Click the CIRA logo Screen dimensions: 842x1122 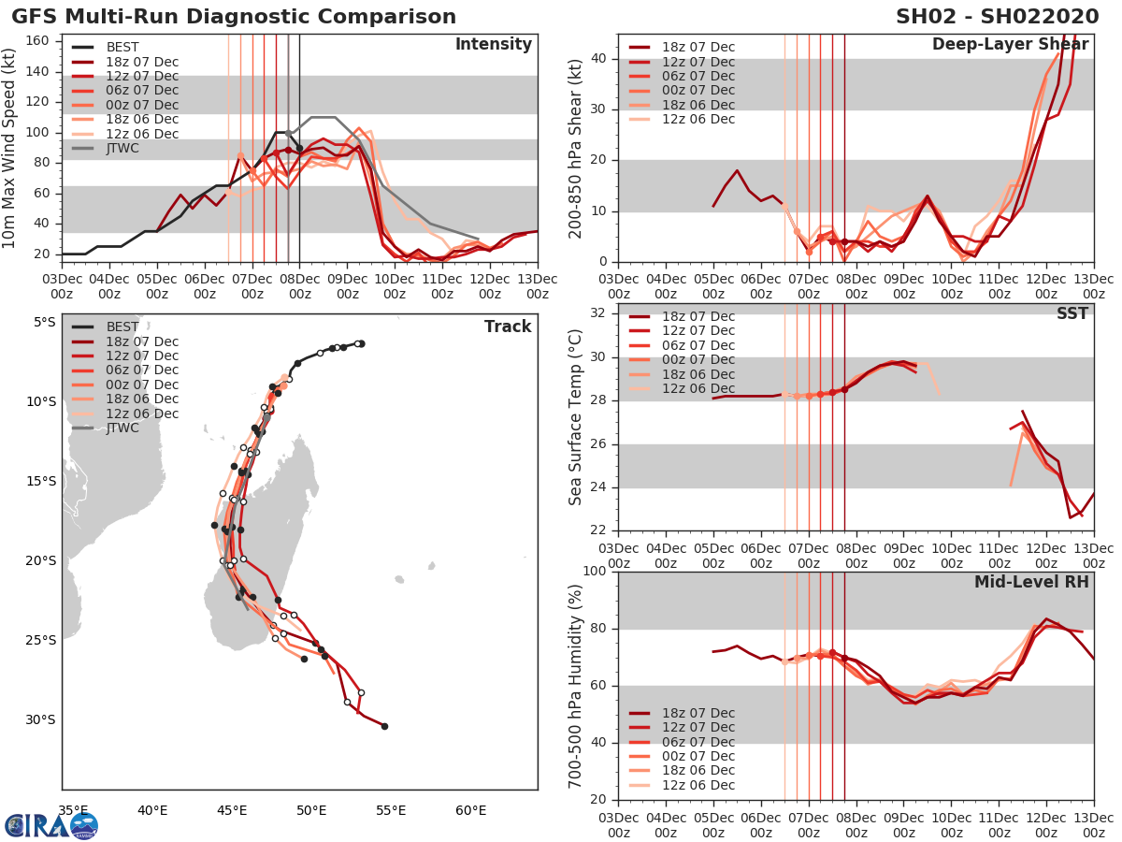click(x=50, y=825)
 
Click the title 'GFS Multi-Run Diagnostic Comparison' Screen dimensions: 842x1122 click(x=234, y=17)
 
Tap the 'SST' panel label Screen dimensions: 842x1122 click(x=1072, y=313)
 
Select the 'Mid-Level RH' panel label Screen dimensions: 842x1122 click(x=1031, y=582)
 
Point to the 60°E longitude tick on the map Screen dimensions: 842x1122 click(x=470, y=810)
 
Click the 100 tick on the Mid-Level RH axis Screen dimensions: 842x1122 click(x=594, y=572)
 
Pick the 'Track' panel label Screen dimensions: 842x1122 click(x=508, y=327)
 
